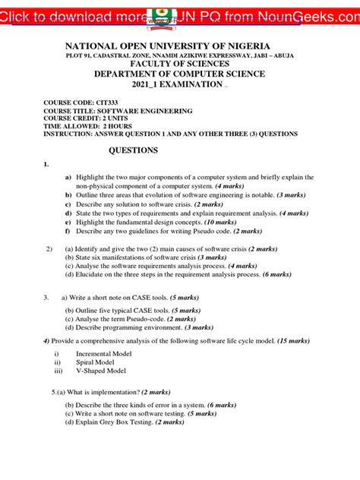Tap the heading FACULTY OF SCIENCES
179,64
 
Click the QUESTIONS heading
134,150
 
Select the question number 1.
47,165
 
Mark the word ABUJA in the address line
281,55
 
